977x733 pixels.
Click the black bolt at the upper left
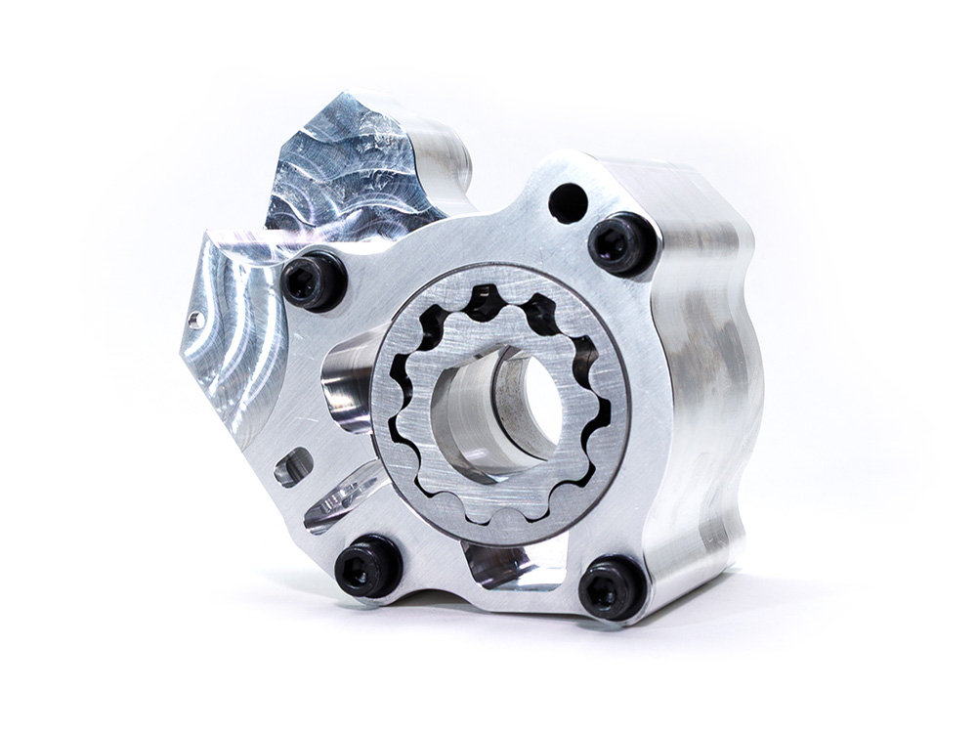click(315, 280)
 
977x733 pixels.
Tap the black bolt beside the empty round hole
click(622, 243)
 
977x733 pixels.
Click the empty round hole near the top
click(568, 203)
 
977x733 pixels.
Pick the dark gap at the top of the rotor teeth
click(485, 302)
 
